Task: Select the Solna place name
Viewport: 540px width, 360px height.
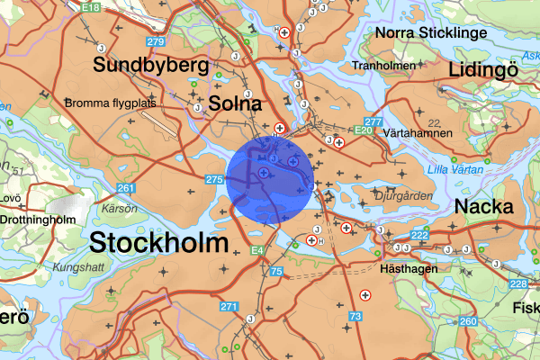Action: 237,103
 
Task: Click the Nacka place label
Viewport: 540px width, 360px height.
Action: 483,206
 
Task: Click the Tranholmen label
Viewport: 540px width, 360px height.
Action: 384,66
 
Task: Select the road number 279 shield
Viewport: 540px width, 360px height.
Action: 156,41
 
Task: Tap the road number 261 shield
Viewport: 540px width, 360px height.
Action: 125,188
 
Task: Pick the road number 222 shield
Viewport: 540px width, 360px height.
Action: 419,235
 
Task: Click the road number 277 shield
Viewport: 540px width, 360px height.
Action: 374,121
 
